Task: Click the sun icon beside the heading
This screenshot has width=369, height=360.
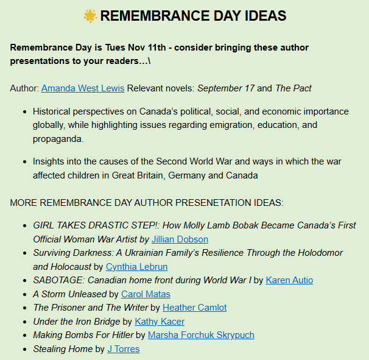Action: [x=90, y=16]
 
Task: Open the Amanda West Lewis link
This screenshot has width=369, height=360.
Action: [x=83, y=88]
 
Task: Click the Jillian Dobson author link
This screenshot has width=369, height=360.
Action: [x=180, y=239]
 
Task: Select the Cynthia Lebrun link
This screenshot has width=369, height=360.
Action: [x=136, y=267]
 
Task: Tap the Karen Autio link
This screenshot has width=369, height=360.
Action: [x=289, y=280]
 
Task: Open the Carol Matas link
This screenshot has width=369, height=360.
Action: [x=146, y=294]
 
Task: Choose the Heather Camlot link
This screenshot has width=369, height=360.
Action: [x=194, y=308]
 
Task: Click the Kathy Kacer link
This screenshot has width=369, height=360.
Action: [x=160, y=322]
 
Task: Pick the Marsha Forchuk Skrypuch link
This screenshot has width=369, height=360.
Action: [x=201, y=335]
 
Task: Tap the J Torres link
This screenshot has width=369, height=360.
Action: [x=123, y=349]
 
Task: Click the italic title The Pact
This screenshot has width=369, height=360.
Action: [x=293, y=88]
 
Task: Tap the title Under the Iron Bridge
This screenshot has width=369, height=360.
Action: [x=76, y=322]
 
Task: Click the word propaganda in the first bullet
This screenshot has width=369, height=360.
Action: [x=58, y=139]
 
